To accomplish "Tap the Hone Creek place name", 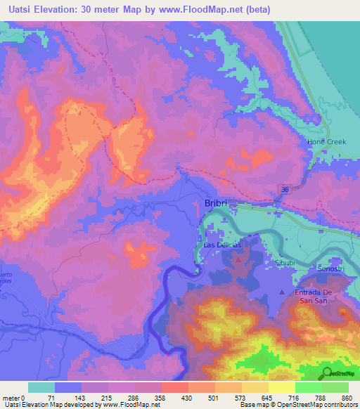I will pyautogui.click(x=327, y=142).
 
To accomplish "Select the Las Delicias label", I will pyautogui.click(x=222, y=245).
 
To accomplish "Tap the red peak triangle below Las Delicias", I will pyautogui.click(x=236, y=260).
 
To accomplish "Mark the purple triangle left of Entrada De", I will pyautogui.click(x=283, y=292).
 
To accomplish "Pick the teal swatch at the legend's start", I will pyautogui.click(x=41, y=387).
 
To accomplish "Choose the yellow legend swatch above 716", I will pyautogui.click(x=282, y=387).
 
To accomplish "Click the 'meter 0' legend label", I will pyautogui.click(x=14, y=398).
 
